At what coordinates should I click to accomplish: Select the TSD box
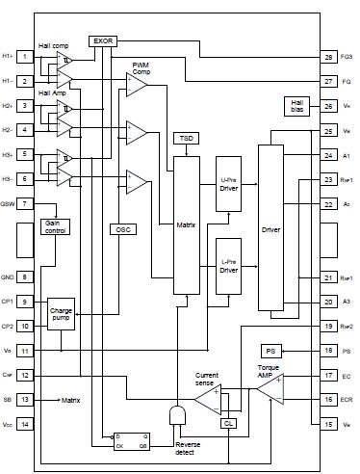[186, 139]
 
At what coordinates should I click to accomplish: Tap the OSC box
[123, 229]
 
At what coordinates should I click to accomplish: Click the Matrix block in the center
[185, 224]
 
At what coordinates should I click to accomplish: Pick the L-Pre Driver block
[228, 264]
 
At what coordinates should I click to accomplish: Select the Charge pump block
[61, 314]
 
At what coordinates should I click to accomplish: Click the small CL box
[228, 422]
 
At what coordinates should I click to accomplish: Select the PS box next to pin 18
[271, 351]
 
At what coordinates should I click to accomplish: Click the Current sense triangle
[210, 399]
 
